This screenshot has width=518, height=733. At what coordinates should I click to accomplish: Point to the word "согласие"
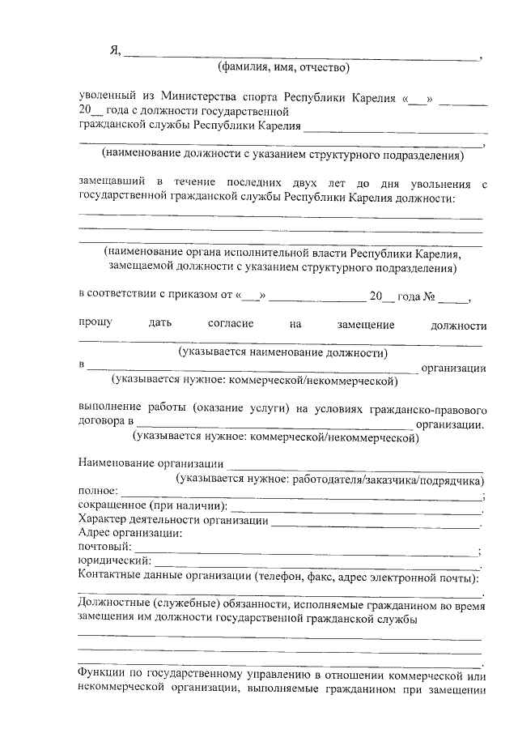[231, 324]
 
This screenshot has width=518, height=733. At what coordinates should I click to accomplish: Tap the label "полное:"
[98, 492]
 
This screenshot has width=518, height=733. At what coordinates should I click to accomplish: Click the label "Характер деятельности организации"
[172, 520]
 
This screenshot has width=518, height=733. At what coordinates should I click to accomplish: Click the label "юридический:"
[114, 560]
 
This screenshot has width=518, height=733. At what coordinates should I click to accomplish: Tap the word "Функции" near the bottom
[100, 675]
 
